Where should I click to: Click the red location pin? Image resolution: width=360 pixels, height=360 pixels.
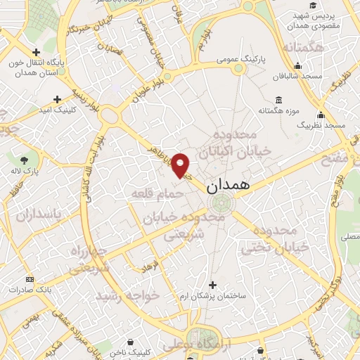181,165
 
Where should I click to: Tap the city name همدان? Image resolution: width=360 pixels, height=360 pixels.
228,188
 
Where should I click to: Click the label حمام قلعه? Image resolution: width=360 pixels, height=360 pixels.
154,192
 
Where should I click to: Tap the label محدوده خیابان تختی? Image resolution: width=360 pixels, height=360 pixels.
276,239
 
